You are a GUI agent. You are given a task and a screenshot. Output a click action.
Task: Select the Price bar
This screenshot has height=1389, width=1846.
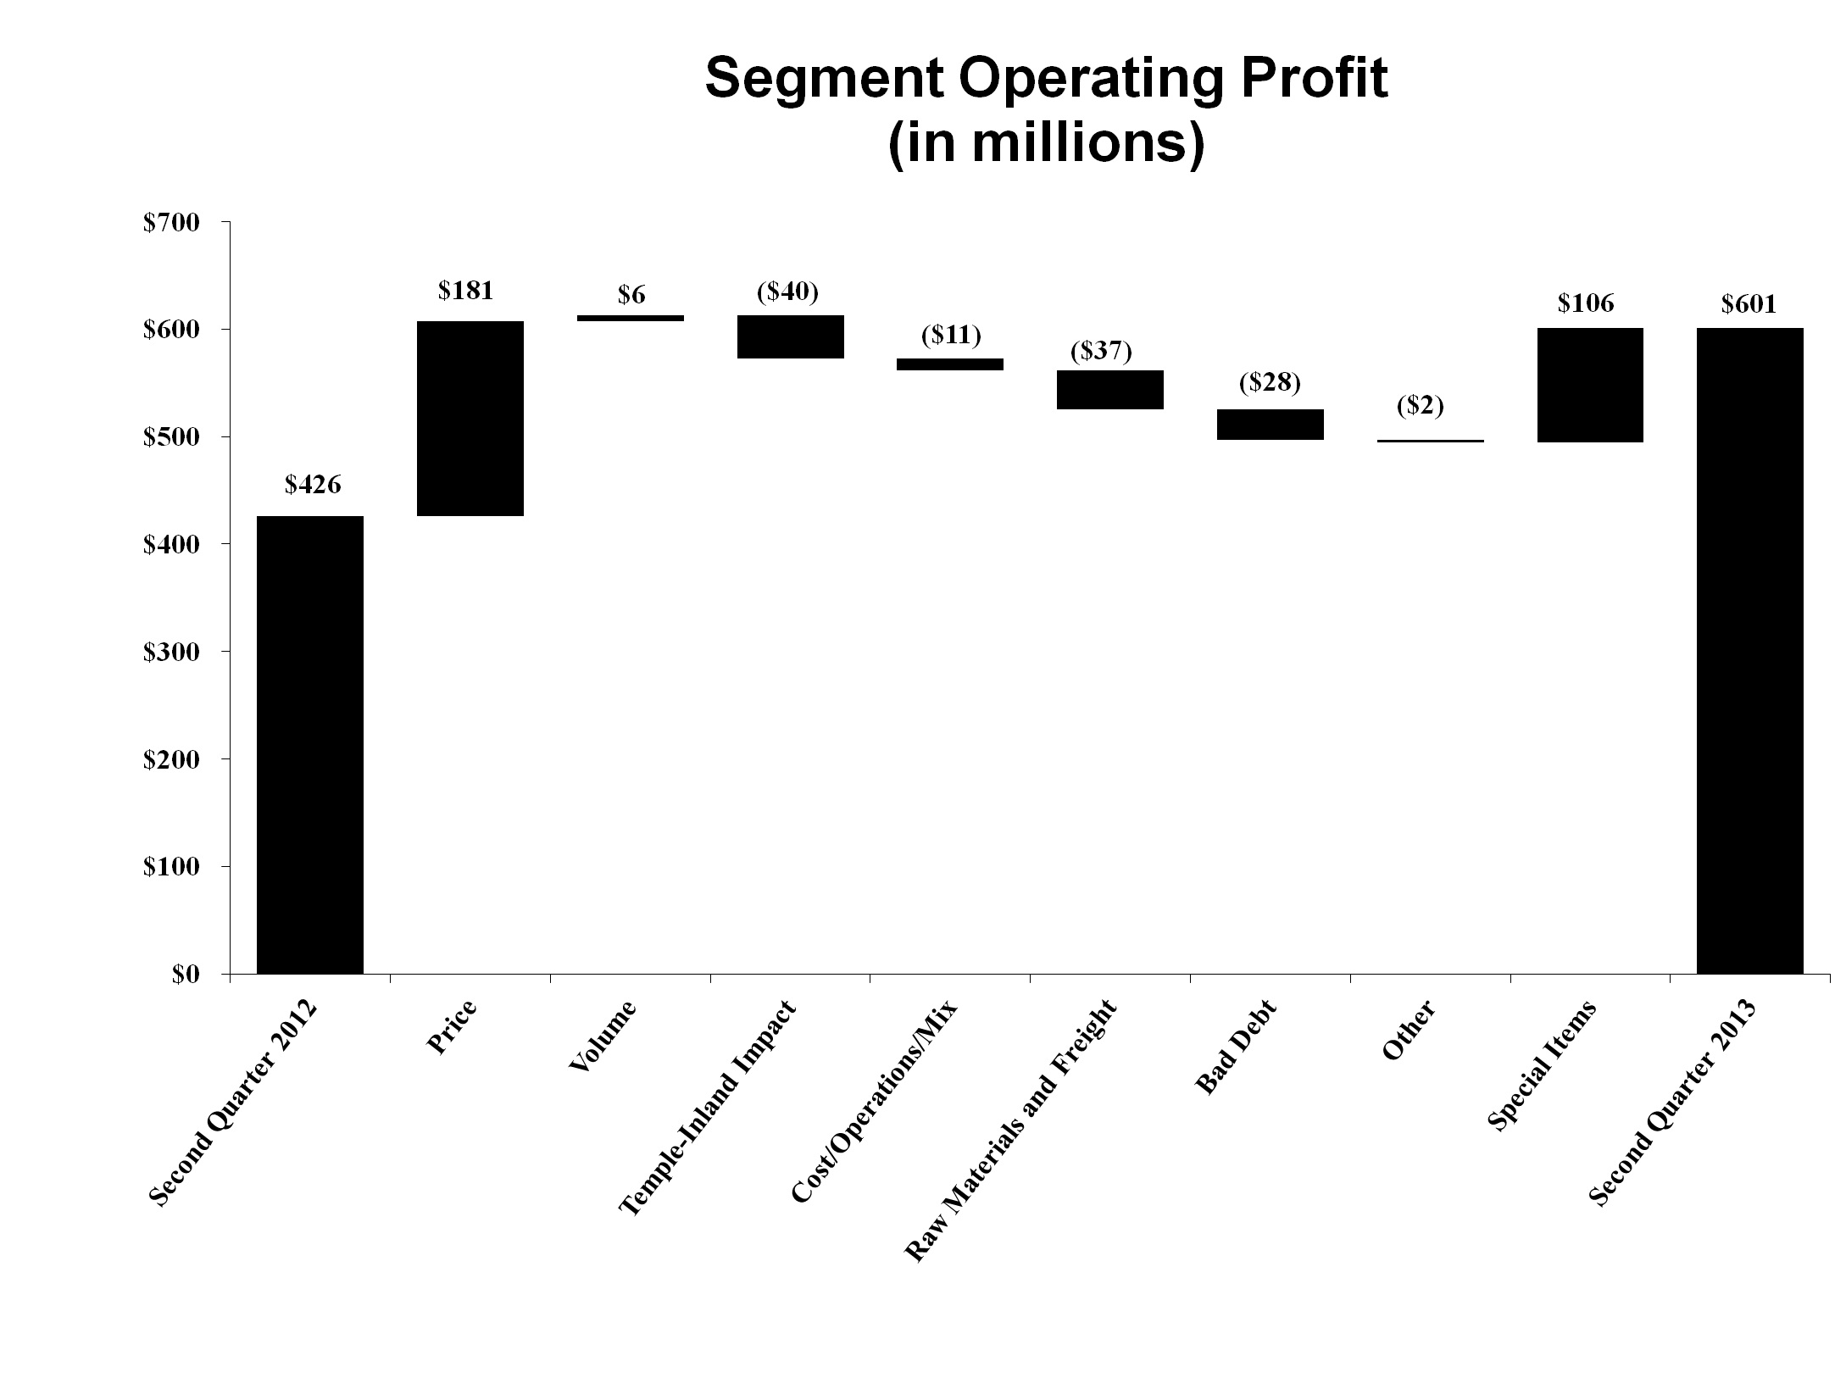tap(470, 418)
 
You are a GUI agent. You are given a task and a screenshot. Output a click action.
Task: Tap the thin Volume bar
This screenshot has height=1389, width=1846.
tap(631, 318)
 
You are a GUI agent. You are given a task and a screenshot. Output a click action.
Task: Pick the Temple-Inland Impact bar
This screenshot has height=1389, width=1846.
tap(791, 336)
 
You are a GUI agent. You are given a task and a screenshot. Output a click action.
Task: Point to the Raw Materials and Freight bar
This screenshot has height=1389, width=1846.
tap(1109, 390)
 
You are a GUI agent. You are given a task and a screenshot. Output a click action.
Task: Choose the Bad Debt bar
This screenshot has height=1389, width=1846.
tap(1270, 424)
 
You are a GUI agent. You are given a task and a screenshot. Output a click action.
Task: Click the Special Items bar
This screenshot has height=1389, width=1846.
tap(1590, 385)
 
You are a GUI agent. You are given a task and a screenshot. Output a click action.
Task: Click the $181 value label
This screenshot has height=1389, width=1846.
tap(465, 291)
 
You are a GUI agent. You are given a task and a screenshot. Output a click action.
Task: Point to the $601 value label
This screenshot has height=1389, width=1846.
tap(1749, 304)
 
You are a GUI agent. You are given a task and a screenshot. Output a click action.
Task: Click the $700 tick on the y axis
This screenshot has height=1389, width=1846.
tap(171, 223)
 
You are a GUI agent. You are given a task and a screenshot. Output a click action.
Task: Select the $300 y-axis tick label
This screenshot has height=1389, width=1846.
tap(171, 652)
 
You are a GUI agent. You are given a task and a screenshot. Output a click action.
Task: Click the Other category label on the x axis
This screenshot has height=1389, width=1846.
tap(1409, 1030)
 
